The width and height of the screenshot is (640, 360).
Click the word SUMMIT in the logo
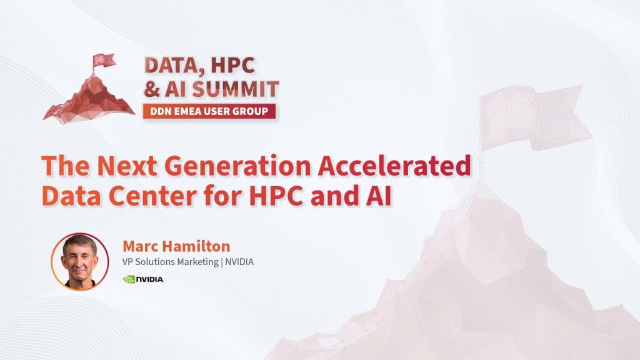[236, 89]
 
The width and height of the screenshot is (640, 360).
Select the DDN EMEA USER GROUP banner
[209, 111]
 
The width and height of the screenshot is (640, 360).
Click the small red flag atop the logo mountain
[103, 61]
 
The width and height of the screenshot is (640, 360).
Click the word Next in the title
[127, 166]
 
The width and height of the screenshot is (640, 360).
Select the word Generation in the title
[237, 166]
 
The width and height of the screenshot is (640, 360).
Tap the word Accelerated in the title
[394, 166]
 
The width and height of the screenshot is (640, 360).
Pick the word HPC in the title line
[276, 196]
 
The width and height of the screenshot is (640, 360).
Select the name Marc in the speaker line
[139, 246]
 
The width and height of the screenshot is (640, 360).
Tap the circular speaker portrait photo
[80, 262]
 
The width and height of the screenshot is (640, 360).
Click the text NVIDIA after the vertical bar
[239, 262]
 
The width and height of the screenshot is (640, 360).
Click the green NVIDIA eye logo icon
[129, 279]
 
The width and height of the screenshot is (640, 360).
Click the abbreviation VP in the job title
[127, 262]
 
